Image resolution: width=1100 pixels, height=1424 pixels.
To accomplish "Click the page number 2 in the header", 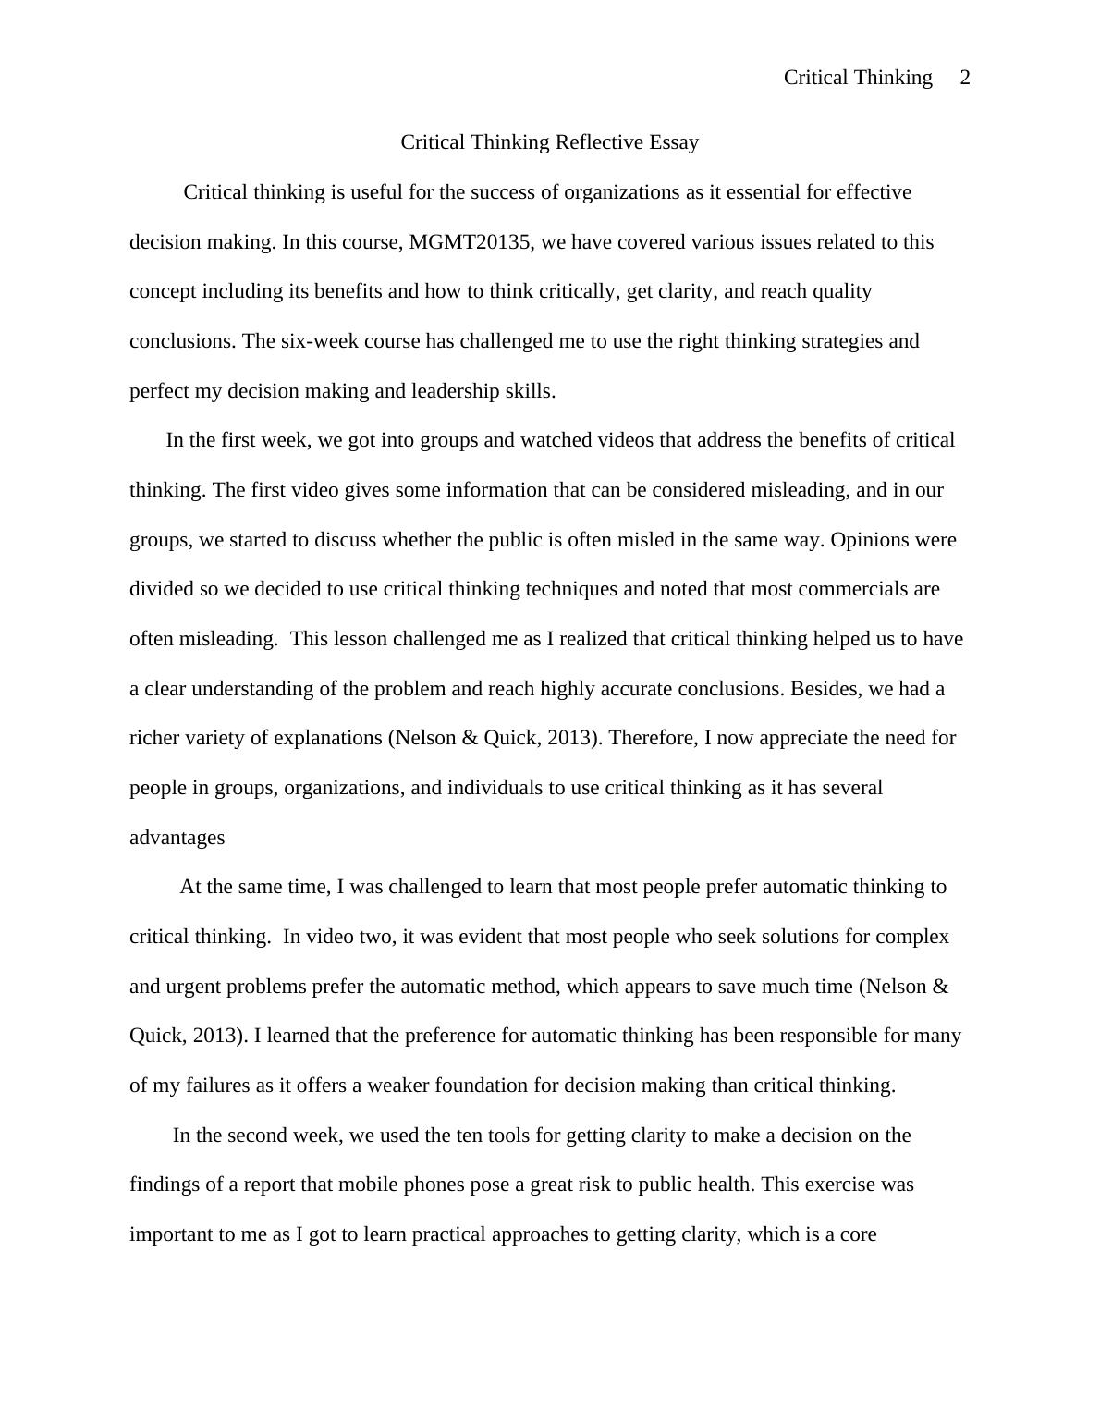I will click(x=965, y=78).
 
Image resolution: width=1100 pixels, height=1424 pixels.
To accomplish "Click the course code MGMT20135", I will click(x=470, y=242).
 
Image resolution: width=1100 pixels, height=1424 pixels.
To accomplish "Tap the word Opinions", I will click(x=871, y=540).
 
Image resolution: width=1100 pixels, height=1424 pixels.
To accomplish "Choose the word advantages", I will click(x=177, y=838).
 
